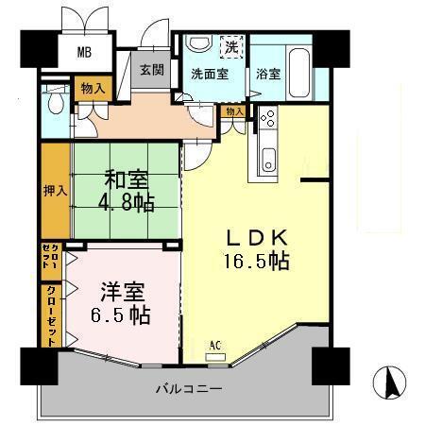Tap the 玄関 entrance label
pyautogui.click(x=151, y=70)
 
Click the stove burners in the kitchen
pyautogui.click(x=265, y=120)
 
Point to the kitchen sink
pyautogui.click(x=265, y=159)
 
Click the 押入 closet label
pyautogui.click(x=55, y=190)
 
